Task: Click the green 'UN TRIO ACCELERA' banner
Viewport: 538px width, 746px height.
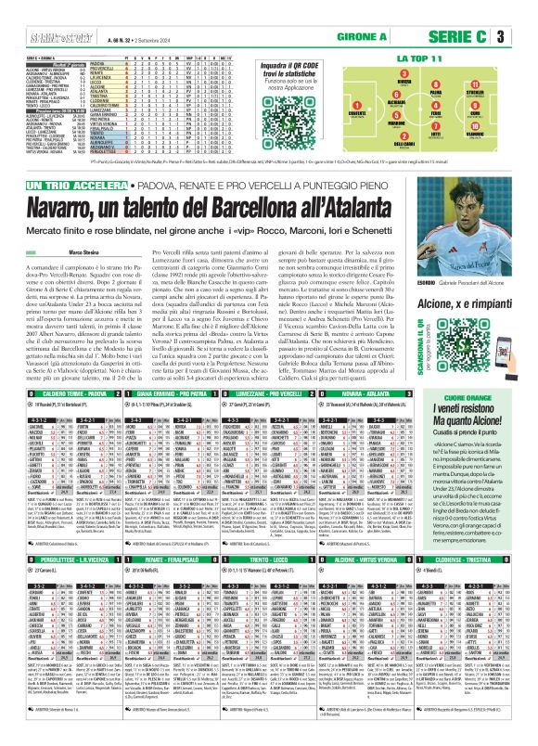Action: [x=45, y=186]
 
